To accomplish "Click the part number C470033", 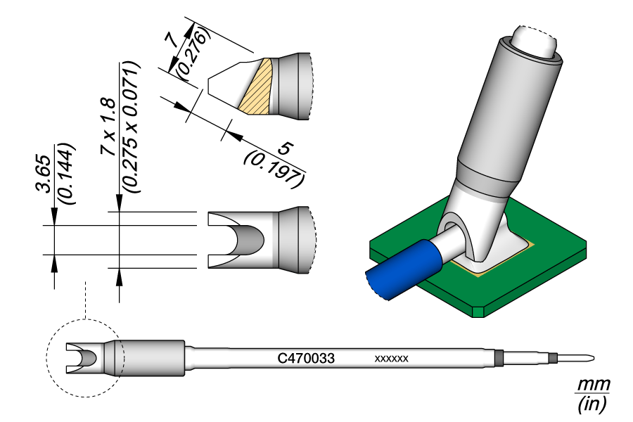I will pyautogui.click(x=305, y=358).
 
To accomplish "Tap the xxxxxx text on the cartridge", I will pyautogui.click(x=392, y=359).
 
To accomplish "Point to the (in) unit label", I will pyautogui.click(x=592, y=404).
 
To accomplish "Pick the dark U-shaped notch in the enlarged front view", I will pyautogui.click(x=250, y=240).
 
